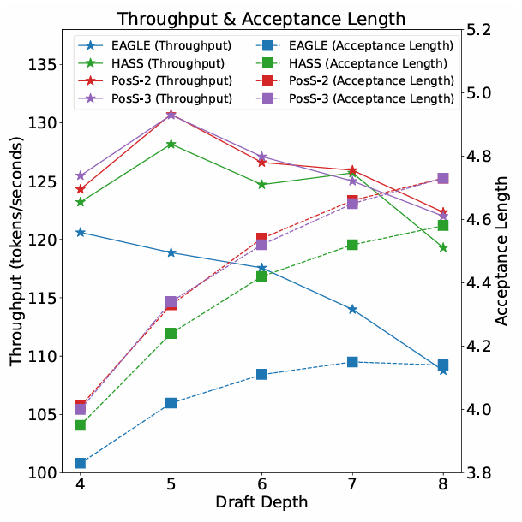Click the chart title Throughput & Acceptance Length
click(x=261, y=18)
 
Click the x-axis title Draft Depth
click(x=261, y=501)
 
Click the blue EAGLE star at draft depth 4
click(x=80, y=232)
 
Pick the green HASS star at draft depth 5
click(x=171, y=144)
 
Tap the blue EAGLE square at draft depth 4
click(x=80, y=463)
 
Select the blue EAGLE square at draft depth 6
click(x=261, y=375)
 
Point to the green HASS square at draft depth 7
click(x=352, y=245)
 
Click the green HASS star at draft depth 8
click(x=443, y=247)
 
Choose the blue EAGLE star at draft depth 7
click(x=352, y=309)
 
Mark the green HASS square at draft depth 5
click(x=171, y=333)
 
